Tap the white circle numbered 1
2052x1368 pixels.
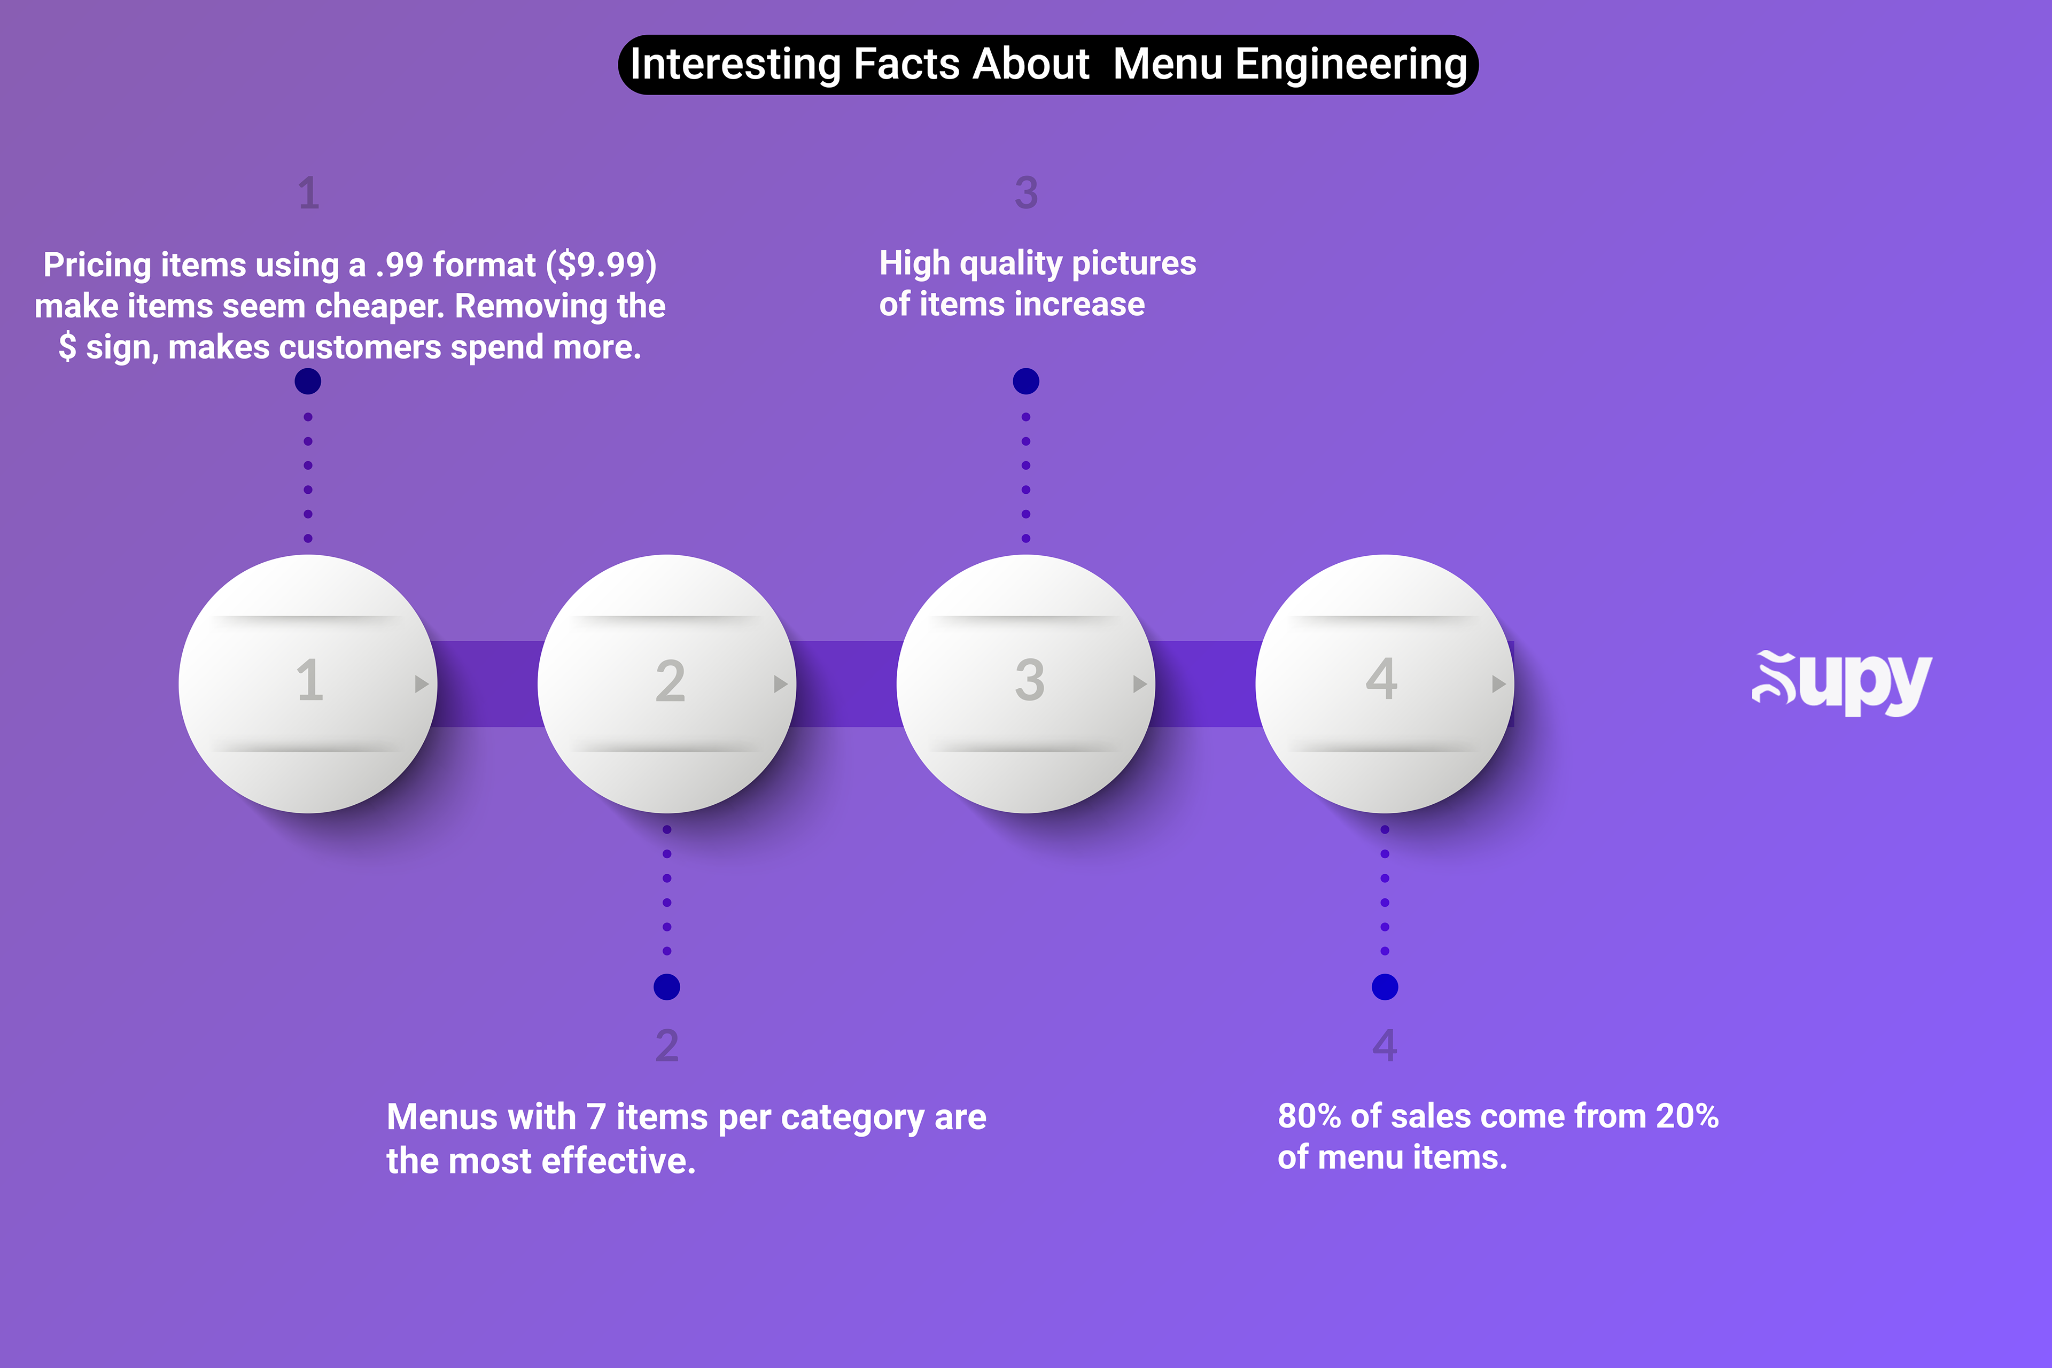click(308, 684)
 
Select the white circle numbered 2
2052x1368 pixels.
click(666, 684)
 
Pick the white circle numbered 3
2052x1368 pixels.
click(1026, 684)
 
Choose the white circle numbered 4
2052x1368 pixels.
click(1385, 684)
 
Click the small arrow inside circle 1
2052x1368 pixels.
click(422, 684)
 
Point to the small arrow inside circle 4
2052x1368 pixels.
click(1499, 684)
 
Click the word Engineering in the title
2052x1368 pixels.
click(1350, 65)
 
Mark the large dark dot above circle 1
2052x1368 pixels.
click(308, 381)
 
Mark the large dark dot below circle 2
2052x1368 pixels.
click(666, 987)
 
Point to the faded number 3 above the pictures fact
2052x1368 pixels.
click(1026, 193)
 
